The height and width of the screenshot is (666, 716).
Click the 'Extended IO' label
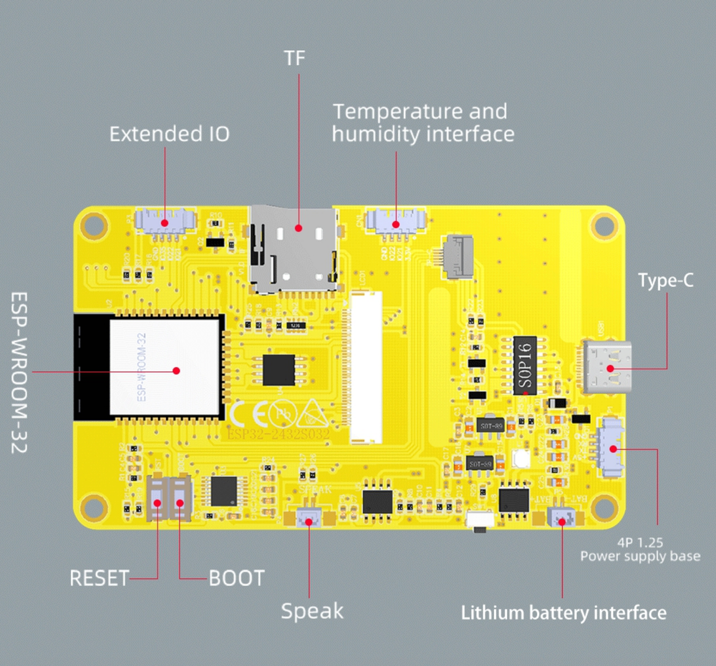coord(170,134)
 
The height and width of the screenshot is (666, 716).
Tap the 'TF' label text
coord(294,58)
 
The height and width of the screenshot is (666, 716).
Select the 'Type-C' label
coord(666,281)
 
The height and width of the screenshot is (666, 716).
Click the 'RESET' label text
coord(99,577)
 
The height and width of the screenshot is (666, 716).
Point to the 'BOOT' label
coord(236,577)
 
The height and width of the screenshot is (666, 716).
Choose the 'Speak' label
coord(311,611)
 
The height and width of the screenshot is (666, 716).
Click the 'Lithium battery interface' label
coord(563,613)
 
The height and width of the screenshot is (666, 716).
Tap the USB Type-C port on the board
coord(609,368)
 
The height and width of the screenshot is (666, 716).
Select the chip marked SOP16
coord(526,366)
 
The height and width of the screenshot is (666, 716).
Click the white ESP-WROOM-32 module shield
coord(164,367)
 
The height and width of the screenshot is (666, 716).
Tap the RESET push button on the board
coord(158,499)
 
